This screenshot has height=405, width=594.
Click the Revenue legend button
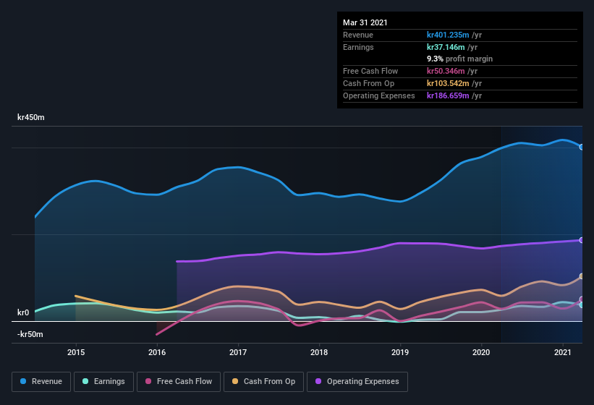[x=41, y=381]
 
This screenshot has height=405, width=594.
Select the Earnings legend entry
[x=103, y=381]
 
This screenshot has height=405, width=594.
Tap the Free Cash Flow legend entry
[x=179, y=381]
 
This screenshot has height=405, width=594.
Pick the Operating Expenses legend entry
[x=357, y=381]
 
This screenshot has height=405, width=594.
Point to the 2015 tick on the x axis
[x=76, y=352]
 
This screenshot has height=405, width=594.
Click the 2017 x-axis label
[x=238, y=352]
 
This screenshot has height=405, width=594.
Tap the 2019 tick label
[x=400, y=352]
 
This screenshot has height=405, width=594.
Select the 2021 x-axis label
[x=562, y=352]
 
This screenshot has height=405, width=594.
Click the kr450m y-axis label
[x=31, y=117]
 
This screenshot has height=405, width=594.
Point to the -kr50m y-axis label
[x=30, y=335]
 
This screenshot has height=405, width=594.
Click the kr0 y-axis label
[x=23, y=312]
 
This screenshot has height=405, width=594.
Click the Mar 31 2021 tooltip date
[x=365, y=22]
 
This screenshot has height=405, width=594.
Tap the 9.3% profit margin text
[x=459, y=59]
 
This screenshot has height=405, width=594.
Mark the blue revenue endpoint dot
[x=581, y=147]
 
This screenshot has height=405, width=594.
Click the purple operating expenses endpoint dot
[x=581, y=240]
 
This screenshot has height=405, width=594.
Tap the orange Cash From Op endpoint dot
[x=581, y=276]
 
